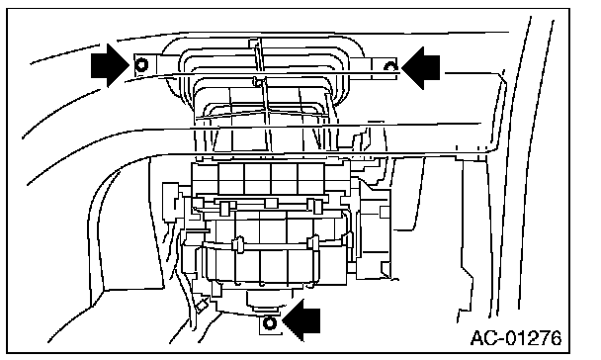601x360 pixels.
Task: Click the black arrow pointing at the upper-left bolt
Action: [110, 65]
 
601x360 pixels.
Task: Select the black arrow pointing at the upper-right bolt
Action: [420, 68]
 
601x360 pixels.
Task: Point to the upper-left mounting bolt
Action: [141, 64]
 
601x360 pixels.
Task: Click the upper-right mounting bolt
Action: [390, 66]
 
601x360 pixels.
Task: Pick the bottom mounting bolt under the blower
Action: [270, 324]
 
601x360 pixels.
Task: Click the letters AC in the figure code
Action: [483, 338]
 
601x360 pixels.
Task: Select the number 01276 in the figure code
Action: [534, 338]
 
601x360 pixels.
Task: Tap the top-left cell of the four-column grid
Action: [231, 172]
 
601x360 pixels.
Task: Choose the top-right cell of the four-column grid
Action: [310, 172]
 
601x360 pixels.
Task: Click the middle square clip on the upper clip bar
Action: [271, 203]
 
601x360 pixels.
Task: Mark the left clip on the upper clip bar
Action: [224, 208]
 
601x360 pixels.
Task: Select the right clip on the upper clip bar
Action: [317, 207]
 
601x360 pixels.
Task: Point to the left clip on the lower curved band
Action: [238, 245]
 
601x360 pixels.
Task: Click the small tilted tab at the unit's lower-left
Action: [202, 305]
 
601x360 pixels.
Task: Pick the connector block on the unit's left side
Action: [171, 202]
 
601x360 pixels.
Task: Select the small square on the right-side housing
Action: [385, 212]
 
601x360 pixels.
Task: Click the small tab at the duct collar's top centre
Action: [253, 43]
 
